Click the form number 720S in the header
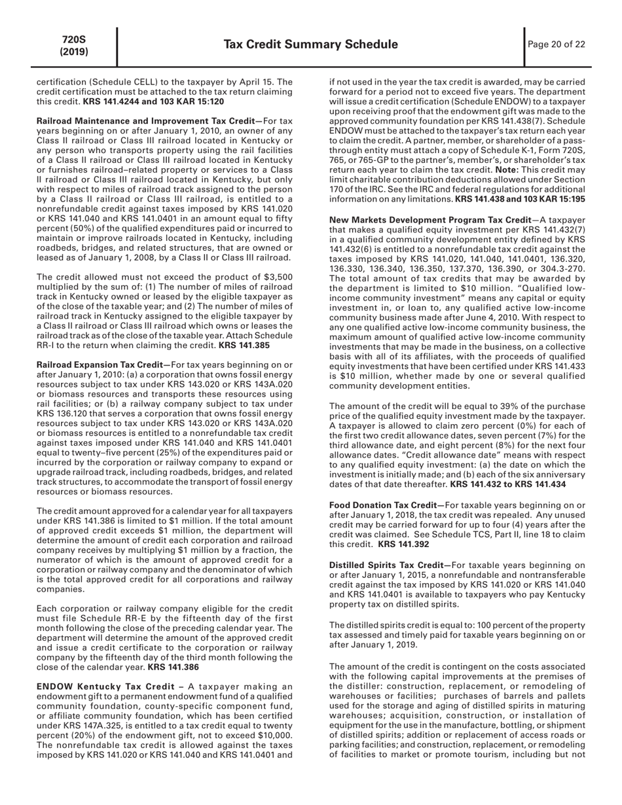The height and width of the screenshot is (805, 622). click(x=74, y=39)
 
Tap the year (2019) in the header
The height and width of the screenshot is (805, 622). click(x=74, y=51)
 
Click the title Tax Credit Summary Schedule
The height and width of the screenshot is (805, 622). click(x=311, y=45)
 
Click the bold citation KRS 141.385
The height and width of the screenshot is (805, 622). click(x=244, y=344)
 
